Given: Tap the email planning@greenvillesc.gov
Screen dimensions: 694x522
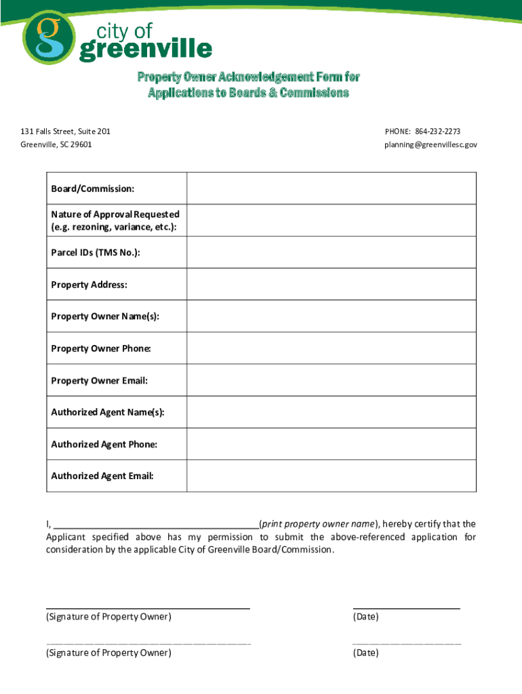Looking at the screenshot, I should (x=430, y=144).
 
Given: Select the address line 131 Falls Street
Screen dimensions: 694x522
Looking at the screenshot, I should (x=65, y=131).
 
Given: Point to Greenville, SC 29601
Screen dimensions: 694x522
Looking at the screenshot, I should (x=56, y=144).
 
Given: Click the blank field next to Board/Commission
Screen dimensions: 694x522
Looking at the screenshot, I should (x=331, y=188).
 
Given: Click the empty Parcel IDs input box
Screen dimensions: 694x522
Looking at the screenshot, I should (x=331, y=253).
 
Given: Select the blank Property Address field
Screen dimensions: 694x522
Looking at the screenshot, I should (x=331, y=285).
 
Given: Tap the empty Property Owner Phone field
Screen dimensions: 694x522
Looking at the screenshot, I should (x=331, y=348).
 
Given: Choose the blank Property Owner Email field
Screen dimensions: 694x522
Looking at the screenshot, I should (x=331, y=380).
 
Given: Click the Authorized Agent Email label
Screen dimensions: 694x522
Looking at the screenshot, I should (x=102, y=476).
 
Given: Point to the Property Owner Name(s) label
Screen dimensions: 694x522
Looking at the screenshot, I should (x=105, y=317).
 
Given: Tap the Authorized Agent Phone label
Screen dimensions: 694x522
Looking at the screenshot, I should (x=104, y=444).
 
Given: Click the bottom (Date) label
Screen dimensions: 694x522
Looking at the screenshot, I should (x=365, y=653).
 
